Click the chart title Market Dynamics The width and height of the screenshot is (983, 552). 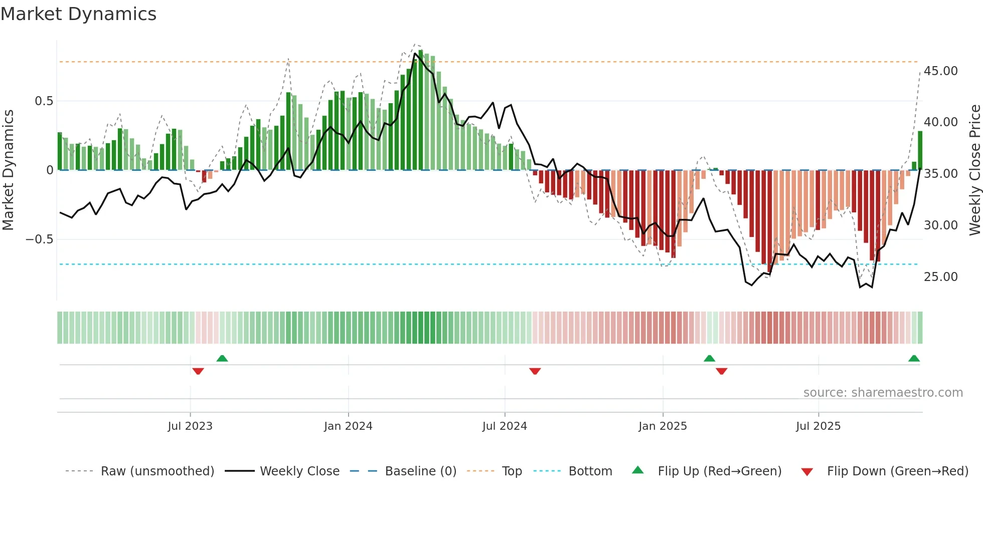pos(78,14)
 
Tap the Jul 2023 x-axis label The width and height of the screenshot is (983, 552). pos(190,426)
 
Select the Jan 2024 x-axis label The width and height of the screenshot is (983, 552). pos(348,426)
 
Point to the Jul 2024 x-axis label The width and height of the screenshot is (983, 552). pos(505,426)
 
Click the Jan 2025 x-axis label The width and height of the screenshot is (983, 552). pos(663,426)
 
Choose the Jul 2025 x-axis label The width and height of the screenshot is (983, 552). pos(818,426)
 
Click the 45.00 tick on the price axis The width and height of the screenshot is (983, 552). pos(940,71)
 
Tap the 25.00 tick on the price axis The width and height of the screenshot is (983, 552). pos(940,277)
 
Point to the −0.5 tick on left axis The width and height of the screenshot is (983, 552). pos(39,239)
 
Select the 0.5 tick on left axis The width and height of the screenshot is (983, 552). pos(44,101)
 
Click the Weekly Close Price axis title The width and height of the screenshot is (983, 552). pos(974,170)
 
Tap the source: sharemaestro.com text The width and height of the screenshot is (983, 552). pos(883,393)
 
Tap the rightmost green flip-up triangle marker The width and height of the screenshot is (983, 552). pos(914,359)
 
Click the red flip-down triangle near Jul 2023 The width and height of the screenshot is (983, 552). pos(198,371)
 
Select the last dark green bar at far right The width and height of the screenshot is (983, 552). pos(920,150)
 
